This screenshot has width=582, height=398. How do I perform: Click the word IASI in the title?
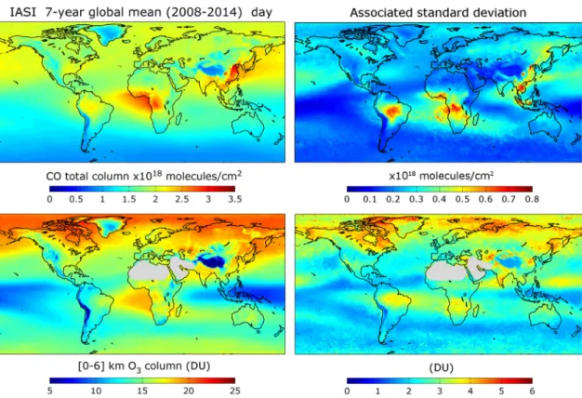[x=22, y=12]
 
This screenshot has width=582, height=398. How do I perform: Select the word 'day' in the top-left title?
[x=261, y=13]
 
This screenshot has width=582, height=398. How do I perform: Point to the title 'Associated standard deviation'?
[x=438, y=13]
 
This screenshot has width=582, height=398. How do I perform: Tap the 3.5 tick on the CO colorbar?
[x=235, y=199]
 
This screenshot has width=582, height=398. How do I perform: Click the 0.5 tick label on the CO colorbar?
[x=76, y=199]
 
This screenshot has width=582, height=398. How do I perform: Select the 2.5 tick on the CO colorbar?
[x=182, y=199]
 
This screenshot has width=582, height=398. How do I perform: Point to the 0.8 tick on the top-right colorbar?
[x=532, y=199]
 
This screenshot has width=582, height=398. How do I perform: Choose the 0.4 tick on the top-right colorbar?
[x=439, y=199]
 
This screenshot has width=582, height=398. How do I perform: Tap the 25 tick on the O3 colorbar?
[x=234, y=391]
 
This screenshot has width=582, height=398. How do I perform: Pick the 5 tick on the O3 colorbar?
[x=49, y=391]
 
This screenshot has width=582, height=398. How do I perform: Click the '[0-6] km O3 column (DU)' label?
[x=144, y=366]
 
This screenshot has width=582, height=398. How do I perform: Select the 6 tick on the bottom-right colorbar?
[x=533, y=391]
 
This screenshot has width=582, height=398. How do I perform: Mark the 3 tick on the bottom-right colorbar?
[x=440, y=391]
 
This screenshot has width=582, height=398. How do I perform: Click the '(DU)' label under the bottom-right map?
[x=442, y=367]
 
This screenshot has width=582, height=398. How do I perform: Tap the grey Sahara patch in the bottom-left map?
[x=149, y=273]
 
